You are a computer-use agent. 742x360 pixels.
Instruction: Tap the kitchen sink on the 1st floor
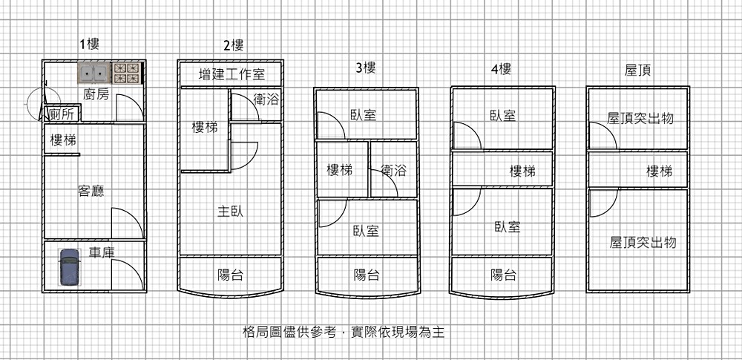(94, 73)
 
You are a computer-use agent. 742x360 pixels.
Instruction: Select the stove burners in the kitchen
(126, 73)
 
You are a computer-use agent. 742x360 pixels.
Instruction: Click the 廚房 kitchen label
(96, 94)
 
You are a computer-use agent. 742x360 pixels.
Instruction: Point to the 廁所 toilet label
(62, 114)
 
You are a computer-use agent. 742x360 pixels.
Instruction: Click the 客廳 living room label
(91, 191)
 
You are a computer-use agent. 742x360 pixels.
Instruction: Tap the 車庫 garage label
(102, 252)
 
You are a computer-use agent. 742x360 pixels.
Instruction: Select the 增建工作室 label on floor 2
(231, 74)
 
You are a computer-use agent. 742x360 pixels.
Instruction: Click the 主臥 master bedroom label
(230, 212)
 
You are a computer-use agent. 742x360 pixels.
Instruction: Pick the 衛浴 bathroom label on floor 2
(266, 99)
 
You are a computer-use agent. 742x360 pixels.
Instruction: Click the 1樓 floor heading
(89, 45)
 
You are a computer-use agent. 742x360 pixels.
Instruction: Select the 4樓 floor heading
(501, 70)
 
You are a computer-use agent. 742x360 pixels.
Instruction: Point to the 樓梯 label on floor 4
(522, 171)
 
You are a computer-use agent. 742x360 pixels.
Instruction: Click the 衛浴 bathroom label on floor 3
(394, 171)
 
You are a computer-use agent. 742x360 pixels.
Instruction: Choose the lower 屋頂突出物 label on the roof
(643, 242)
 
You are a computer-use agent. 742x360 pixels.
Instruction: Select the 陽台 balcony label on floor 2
(230, 275)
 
